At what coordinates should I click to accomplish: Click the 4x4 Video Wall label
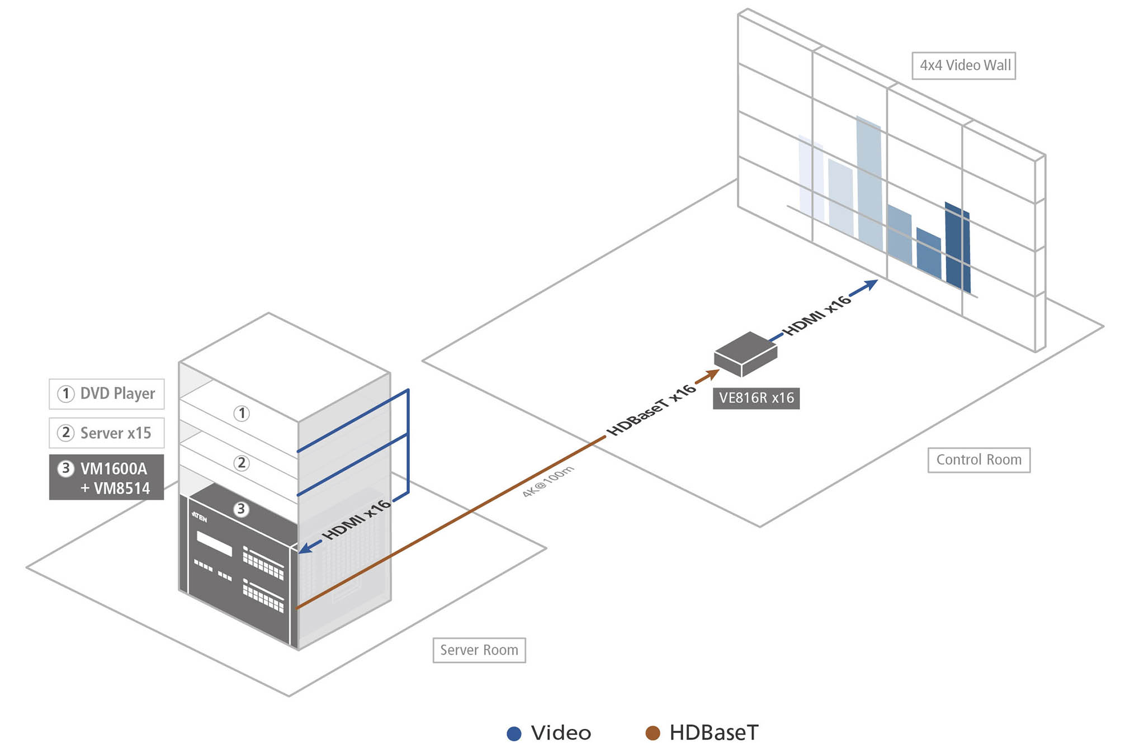[963, 65]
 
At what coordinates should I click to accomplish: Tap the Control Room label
[978, 460]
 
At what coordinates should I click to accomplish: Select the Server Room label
[479, 650]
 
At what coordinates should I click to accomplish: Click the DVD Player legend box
[106, 394]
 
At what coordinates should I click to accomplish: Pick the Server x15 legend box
[106, 433]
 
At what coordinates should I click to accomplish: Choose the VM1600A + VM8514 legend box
[106, 477]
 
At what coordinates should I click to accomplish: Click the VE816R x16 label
[756, 398]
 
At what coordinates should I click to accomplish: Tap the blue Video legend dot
[514, 733]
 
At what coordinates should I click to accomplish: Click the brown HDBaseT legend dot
[653, 733]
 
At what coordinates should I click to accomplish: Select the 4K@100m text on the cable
[547, 481]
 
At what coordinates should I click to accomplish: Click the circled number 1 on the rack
[242, 413]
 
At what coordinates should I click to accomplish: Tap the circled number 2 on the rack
[242, 463]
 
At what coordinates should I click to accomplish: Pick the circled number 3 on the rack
[241, 509]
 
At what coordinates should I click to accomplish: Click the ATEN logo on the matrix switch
[200, 517]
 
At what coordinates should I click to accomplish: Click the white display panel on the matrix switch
[214, 543]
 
